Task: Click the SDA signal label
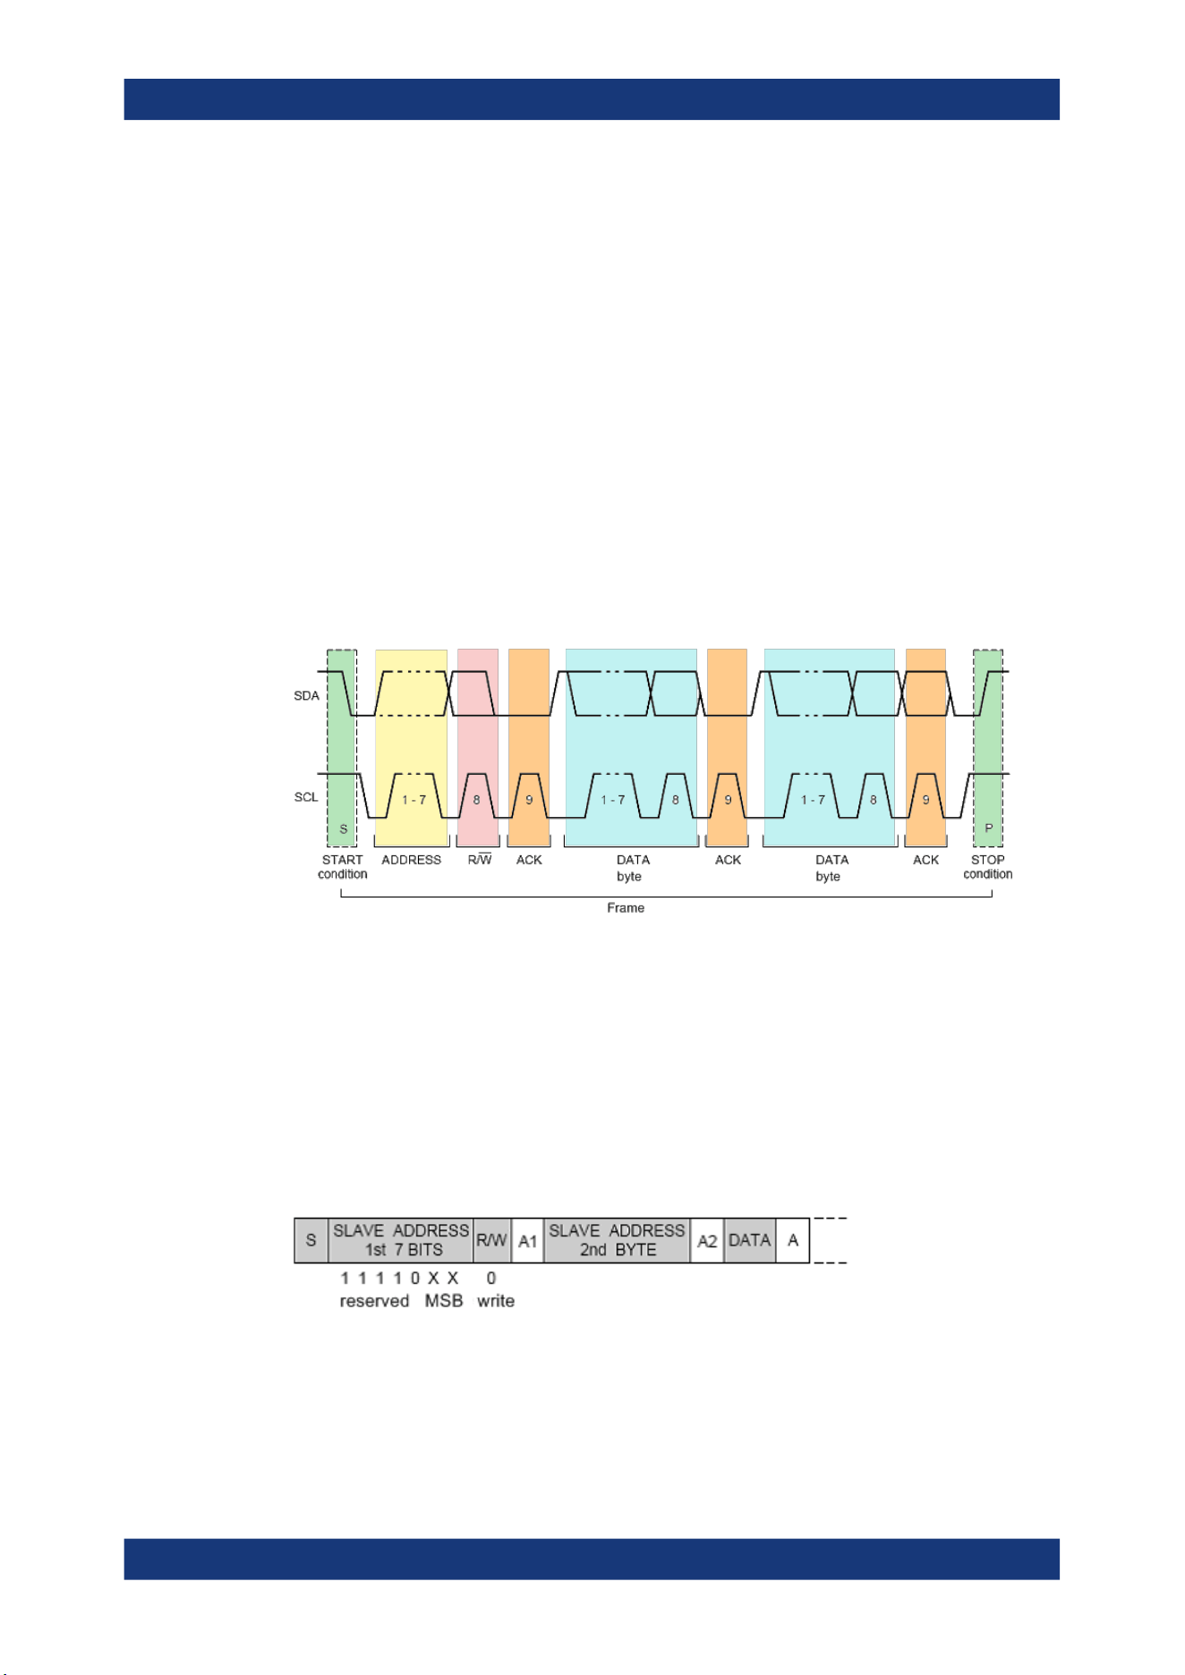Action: (x=306, y=695)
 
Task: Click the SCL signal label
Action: (x=306, y=796)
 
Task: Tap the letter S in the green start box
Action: (x=343, y=829)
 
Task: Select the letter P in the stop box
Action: (x=989, y=829)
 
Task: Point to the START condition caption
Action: (x=343, y=867)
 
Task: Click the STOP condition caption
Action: (x=988, y=867)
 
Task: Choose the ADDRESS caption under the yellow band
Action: (x=412, y=860)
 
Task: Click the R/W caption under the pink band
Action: (x=480, y=860)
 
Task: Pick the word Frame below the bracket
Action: (x=626, y=907)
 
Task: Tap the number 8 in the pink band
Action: (x=476, y=799)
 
